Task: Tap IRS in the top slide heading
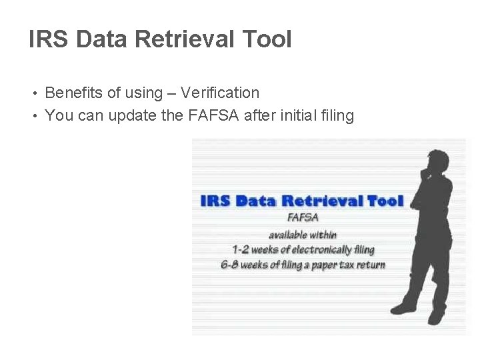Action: point(49,39)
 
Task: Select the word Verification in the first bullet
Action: point(221,93)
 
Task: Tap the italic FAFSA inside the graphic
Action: point(303,217)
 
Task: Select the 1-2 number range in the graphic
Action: point(241,250)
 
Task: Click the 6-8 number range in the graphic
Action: point(230,265)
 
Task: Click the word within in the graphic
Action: point(323,234)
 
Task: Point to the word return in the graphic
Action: point(370,265)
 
